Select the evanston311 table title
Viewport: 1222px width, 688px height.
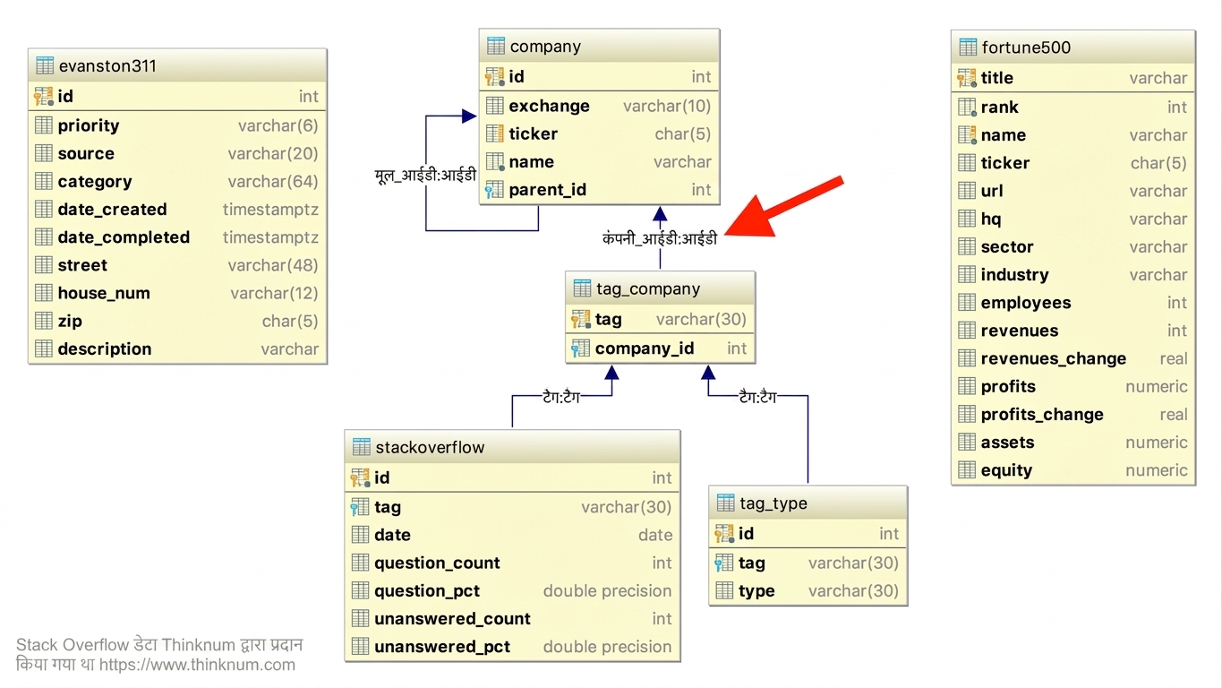107,66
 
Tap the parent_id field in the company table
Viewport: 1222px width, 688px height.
547,190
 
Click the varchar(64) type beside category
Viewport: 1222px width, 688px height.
273,181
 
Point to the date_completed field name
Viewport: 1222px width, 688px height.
124,237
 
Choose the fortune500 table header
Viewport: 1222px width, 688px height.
1026,47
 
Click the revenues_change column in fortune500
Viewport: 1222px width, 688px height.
1054,358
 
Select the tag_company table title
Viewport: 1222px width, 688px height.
648,288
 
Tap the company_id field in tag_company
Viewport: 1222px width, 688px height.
645,348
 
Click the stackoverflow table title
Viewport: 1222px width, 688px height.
430,448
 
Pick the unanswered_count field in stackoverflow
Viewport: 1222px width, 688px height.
452,619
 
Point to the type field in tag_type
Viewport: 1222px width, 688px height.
756,591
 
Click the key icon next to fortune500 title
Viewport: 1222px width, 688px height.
966,78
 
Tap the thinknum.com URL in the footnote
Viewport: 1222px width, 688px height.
197,665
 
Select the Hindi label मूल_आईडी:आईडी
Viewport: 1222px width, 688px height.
425,176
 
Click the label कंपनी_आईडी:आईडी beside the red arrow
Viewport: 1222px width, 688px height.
660,239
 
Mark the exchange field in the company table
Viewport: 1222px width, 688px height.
550,106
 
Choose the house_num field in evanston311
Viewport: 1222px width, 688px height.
104,293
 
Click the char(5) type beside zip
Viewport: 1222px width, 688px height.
290,321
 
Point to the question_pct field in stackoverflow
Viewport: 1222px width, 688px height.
427,591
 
